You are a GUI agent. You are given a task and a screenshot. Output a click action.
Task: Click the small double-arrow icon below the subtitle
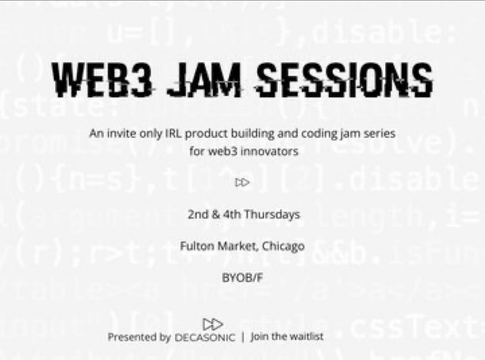pyautogui.click(x=242, y=183)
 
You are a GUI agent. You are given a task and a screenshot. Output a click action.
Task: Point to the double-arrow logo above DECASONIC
pyautogui.click(x=213, y=324)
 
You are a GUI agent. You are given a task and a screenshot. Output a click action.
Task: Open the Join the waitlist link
pyautogui.click(x=287, y=337)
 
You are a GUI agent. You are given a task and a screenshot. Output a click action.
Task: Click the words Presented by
pyautogui.click(x=139, y=337)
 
